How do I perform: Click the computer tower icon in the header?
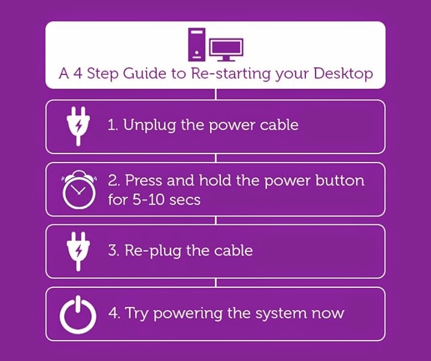click(x=196, y=44)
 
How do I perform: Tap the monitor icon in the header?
click(x=226, y=50)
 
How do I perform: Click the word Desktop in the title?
click(x=343, y=74)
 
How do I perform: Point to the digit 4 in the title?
click(x=78, y=74)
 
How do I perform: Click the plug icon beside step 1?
click(x=78, y=126)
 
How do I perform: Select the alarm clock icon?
click(x=79, y=189)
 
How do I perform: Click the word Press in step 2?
click(x=144, y=180)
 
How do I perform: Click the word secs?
click(x=185, y=200)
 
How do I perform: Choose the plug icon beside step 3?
click(x=78, y=251)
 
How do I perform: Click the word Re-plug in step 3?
click(x=153, y=251)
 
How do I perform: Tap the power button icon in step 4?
click(x=78, y=314)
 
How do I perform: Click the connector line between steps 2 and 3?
click(x=215, y=221)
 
